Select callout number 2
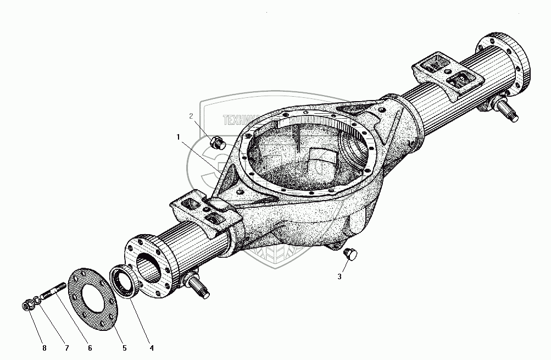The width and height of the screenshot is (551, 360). tap(191, 116)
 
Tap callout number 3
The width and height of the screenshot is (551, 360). tap(339, 276)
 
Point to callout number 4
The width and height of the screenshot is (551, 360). tap(152, 347)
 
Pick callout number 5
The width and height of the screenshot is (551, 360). tap(124, 347)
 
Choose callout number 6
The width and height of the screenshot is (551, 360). tap(90, 347)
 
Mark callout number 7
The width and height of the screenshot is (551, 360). tap(67, 347)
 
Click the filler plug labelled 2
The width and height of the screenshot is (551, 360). tap(217, 142)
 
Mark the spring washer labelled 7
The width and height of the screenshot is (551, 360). tap(35, 301)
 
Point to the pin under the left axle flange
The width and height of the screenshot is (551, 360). tap(199, 287)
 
